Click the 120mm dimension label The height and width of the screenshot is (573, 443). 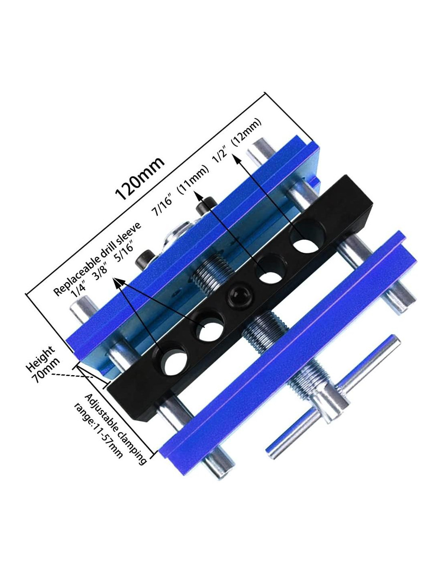(140, 178)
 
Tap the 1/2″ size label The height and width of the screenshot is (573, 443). (222, 157)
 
